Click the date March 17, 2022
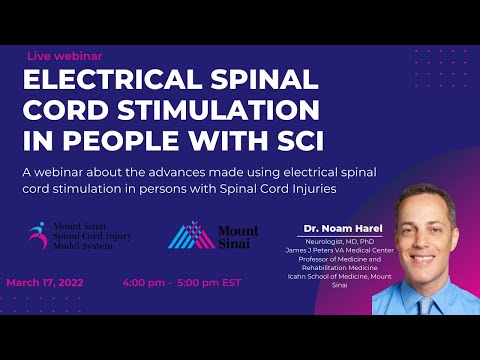pyautogui.click(x=45, y=282)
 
